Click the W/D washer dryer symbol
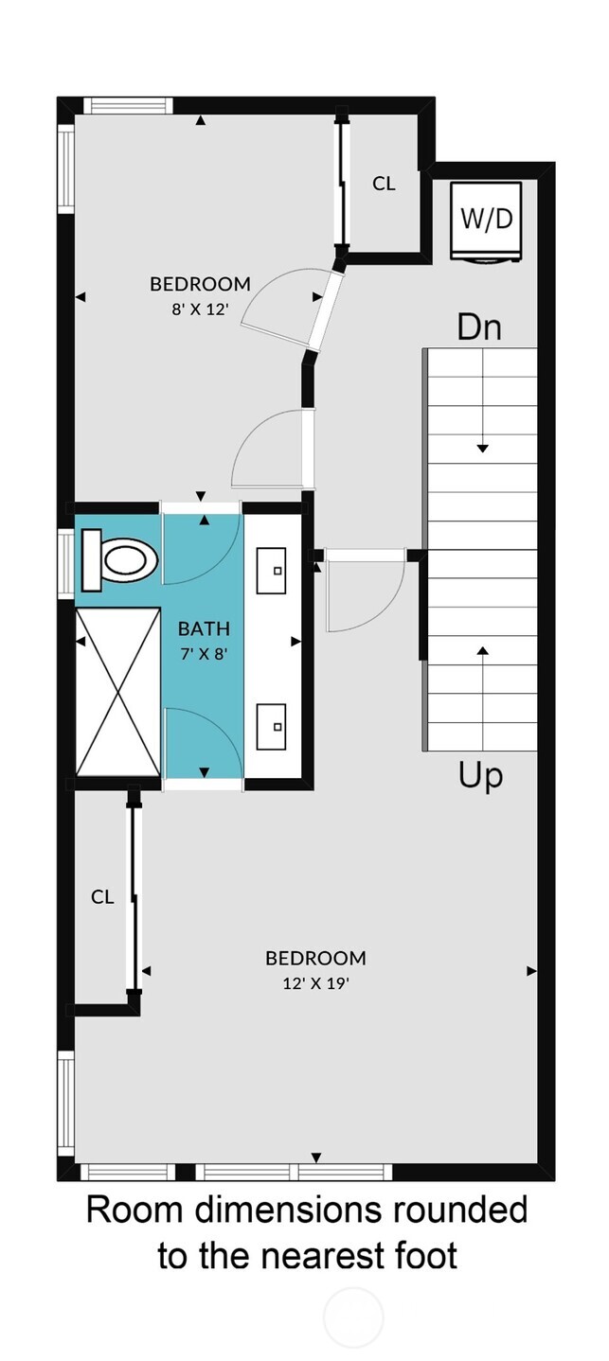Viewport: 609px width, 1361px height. pos(486,221)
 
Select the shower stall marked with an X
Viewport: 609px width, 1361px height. pos(117,693)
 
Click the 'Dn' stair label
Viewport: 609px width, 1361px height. pos(478,327)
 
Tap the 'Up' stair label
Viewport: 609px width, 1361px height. pos(480,775)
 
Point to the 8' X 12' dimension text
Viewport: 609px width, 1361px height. pos(200,309)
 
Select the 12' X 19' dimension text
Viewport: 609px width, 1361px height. pos(315,983)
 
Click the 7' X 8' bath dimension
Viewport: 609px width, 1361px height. pos(204,653)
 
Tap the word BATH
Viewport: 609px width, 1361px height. pos(204,627)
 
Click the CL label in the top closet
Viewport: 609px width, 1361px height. pos(384,184)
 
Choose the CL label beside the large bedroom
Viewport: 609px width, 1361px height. pos(102,896)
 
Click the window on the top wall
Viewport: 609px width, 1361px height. pos(128,106)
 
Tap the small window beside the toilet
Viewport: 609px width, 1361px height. pos(65,564)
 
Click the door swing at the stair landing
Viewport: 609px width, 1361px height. pos(365,592)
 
